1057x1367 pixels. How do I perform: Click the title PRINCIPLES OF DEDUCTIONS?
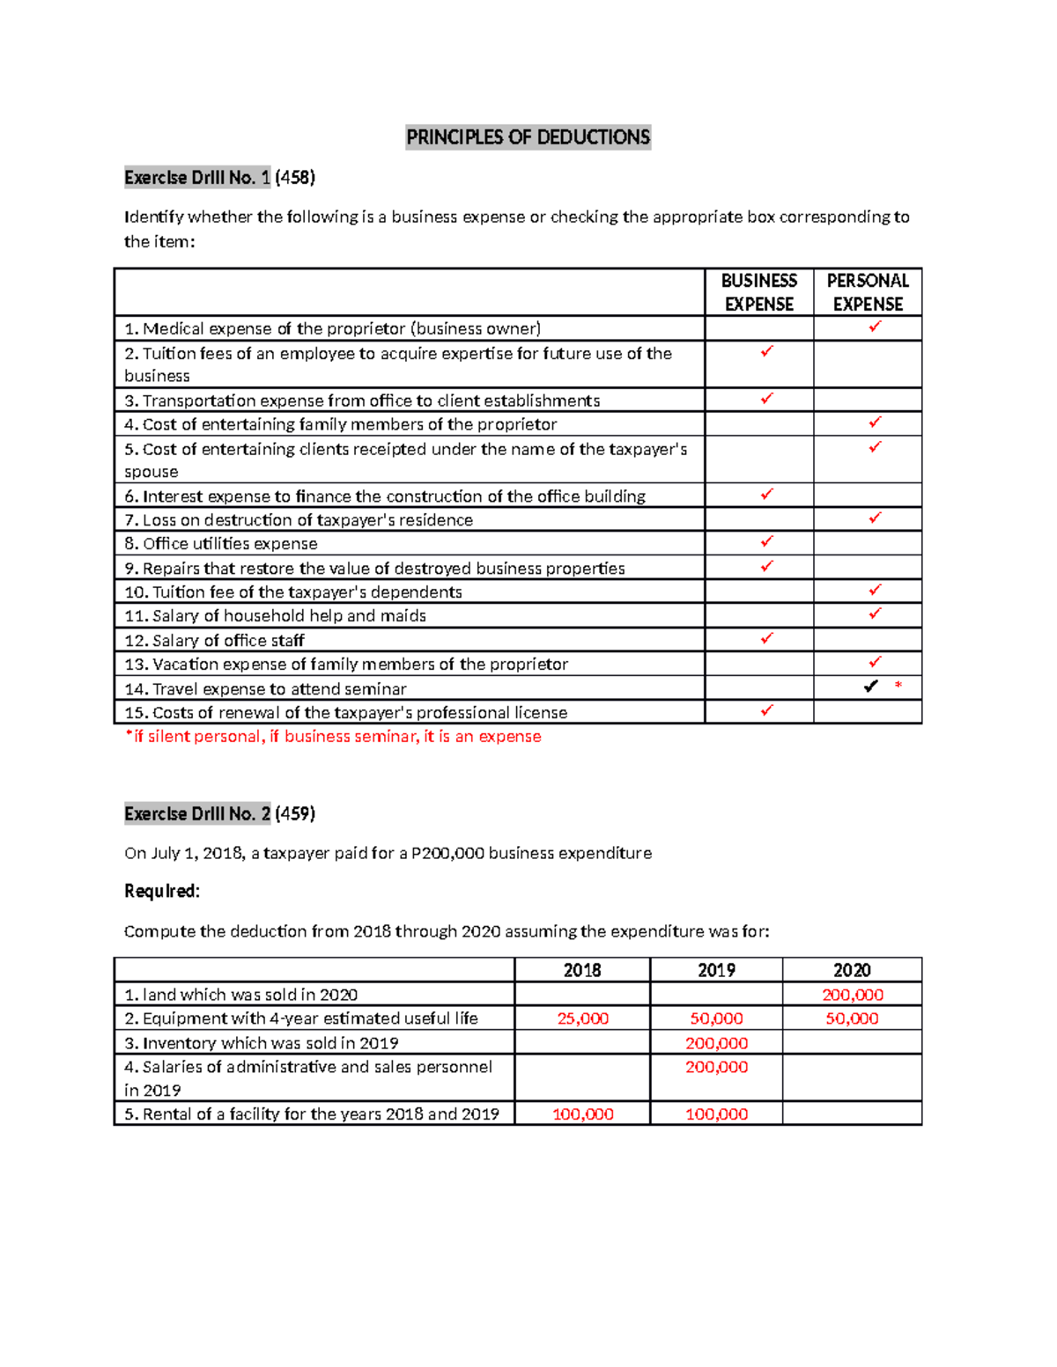point(528,137)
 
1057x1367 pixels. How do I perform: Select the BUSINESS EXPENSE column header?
point(758,292)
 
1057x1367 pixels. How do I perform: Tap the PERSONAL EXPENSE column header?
point(868,292)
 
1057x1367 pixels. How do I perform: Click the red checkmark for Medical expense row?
point(875,327)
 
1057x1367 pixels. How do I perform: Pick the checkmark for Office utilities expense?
point(766,541)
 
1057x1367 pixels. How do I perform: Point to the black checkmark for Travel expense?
point(870,686)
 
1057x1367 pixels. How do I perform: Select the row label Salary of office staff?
point(214,640)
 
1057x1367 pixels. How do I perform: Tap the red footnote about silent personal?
point(333,737)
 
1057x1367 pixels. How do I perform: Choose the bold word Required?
point(162,891)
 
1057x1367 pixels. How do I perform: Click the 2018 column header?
point(582,970)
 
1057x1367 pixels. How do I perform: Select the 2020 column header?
point(852,970)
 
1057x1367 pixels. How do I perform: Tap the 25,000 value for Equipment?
point(582,1018)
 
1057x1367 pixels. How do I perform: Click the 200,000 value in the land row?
point(852,995)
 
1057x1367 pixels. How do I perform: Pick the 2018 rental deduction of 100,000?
point(582,1113)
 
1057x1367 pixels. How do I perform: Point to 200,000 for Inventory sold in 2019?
point(716,1043)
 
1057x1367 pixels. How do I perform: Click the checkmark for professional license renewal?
point(766,709)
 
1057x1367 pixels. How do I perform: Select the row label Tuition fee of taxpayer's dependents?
point(293,592)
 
